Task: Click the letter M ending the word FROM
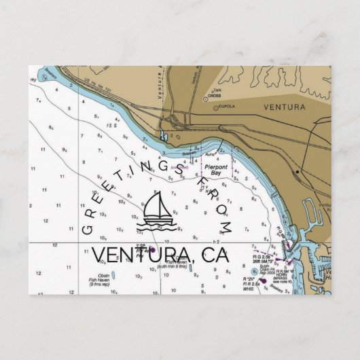(226, 225)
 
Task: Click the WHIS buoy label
(249, 288)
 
